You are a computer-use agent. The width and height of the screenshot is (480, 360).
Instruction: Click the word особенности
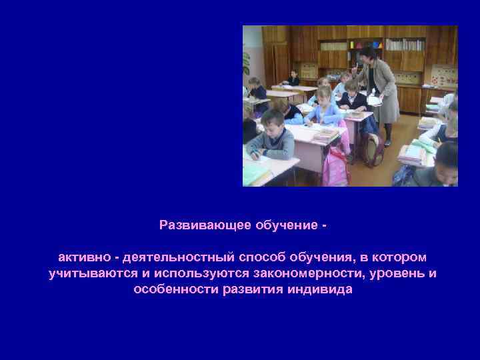coord(175,290)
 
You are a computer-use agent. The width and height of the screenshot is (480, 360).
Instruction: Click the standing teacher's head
coord(367,55)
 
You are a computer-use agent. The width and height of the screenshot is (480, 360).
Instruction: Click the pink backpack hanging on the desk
coord(336,167)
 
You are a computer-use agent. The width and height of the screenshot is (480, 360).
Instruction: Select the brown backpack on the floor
coord(374,150)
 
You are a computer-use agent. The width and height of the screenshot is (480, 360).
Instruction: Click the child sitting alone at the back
coord(294,79)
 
